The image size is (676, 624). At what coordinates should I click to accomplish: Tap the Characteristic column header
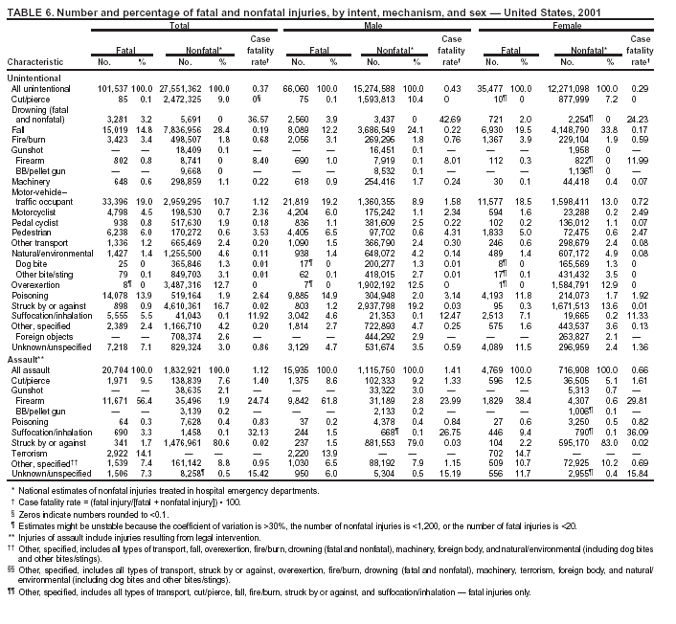35,62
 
